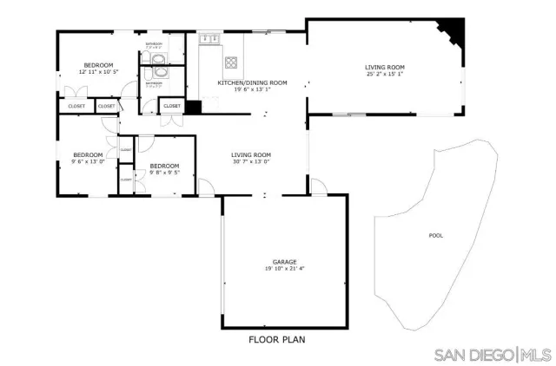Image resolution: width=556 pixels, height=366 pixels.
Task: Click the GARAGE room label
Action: [285, 261]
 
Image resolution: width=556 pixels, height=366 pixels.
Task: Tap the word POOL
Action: [434, 236]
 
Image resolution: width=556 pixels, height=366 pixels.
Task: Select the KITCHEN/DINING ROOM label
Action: [244, 83]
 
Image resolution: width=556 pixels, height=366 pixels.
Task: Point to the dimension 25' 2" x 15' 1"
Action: [385, 74]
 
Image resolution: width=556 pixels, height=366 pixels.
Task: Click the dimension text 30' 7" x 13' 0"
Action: [251, 161]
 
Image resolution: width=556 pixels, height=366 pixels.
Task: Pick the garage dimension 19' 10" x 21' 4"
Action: [285, 269]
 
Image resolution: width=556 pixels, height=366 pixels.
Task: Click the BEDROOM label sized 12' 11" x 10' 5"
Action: [98, 65]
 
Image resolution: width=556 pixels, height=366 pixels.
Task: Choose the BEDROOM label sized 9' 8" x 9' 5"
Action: [164, 166]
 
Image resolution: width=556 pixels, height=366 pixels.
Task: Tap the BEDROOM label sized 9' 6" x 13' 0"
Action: [87, 154]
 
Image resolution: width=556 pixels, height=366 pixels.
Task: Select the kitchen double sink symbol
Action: [209, 39]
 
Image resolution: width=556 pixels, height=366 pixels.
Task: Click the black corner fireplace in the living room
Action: [453, 32]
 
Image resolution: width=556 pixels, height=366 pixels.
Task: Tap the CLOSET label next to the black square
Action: [172, 106]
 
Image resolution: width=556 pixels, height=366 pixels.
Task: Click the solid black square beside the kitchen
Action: [193, 108]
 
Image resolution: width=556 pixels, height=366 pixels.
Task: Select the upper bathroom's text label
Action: [154, 44]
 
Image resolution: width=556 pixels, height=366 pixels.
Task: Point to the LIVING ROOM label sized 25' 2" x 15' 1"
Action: [385, 67]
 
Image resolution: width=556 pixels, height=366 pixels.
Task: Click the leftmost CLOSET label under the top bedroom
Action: [76, 106]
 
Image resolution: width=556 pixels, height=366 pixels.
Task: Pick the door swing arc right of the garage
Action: [320, 186]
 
